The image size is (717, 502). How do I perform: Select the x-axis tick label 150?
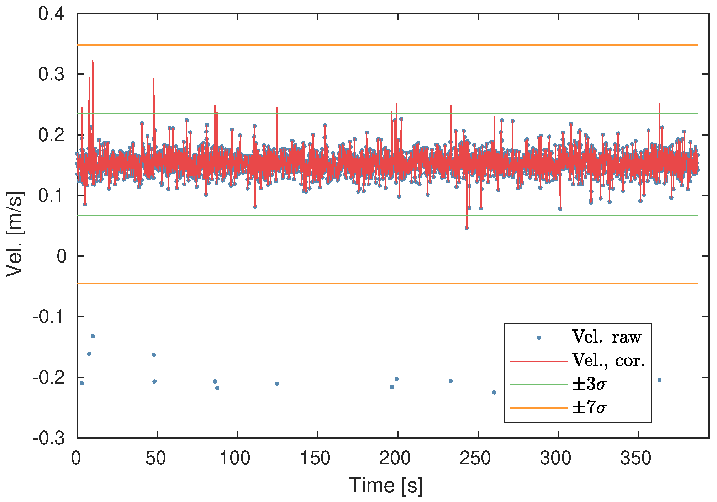pyautogui.click(x=316, y=458)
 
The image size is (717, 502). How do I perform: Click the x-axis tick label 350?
pyautogui.click(x=636, y=458)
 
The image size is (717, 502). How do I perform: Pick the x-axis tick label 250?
pyautogui.click(x=476, y=458)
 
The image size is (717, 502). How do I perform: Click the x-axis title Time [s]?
pyautogui.click(x=386, y=485)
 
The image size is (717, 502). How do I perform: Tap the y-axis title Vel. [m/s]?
pyautogui.click(x=15, y=234)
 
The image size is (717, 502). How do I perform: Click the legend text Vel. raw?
pyautogui.click(x=606, y=337)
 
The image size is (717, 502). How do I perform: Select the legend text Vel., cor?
pyautogui.click(x=608, y=361)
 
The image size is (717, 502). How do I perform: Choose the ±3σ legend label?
pyautogui.click(x=589, y=384)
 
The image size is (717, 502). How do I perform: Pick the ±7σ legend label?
pyautogui.click(x=589, y=407)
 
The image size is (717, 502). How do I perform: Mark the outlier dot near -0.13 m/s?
pyautogui.click(x=93, y=336)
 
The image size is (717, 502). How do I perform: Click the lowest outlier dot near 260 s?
pyautogui.click(x=494, y=392)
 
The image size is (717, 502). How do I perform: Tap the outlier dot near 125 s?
pyautogui.click(x=277, y=384)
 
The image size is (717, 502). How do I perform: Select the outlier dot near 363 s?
pyautogui.click(x=659, y=380)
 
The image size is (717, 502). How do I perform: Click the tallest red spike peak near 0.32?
pyautogui.click(x=93, y=61)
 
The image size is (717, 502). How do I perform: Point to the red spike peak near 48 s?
pyautogui.click(x=154, y=79)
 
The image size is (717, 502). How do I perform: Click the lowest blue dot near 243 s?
pyautogui.click(x=467, y=228)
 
